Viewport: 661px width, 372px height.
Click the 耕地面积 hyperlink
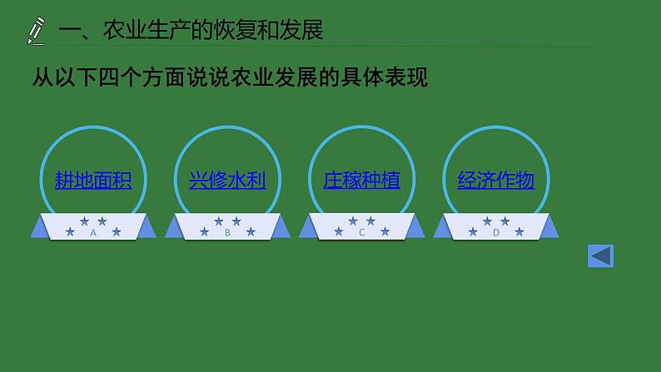[x=93, y=180]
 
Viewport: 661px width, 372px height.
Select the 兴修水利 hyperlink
[x=227, y=180]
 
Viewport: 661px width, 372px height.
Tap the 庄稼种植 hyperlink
[x=361, y=180]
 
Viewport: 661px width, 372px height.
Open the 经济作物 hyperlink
[x=495, y=180]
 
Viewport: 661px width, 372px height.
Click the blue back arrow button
[x=600, y=256]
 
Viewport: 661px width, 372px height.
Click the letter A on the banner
[x=93, y=233]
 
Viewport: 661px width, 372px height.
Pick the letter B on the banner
[x=227, y=233]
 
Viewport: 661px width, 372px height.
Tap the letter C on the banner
[x=361, y=233]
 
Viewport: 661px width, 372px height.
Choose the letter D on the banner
[x=495, y=233]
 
